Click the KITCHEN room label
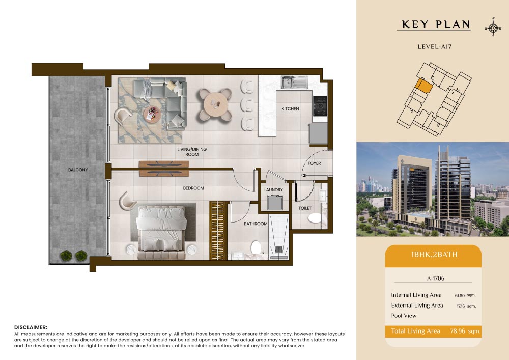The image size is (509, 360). tap(290, 109)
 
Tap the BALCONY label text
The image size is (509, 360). tap(78, 170)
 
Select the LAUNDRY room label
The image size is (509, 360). tap(273, 189)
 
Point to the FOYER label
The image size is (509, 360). tap(314, 163)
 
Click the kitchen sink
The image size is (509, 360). tap(294, 82)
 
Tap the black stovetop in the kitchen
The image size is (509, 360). tap(320, 106)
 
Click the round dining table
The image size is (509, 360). tap(215, 104)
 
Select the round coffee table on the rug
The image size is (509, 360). tap(152, 114)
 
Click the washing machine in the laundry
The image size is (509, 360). tap(275, 202)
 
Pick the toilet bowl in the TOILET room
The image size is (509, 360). tap(315, 218)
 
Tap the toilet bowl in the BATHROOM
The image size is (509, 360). tap(256, 247)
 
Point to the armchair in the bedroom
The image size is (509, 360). tap(127, 201)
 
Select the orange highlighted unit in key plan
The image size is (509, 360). tap(424, 86)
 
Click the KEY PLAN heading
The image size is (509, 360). tap(436, 24)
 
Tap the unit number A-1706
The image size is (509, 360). tap(436, 278)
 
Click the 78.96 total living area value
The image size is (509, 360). tap(458, 331)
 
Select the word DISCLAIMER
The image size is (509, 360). tap(31, 327)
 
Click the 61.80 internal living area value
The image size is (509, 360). tap(460, 296)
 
